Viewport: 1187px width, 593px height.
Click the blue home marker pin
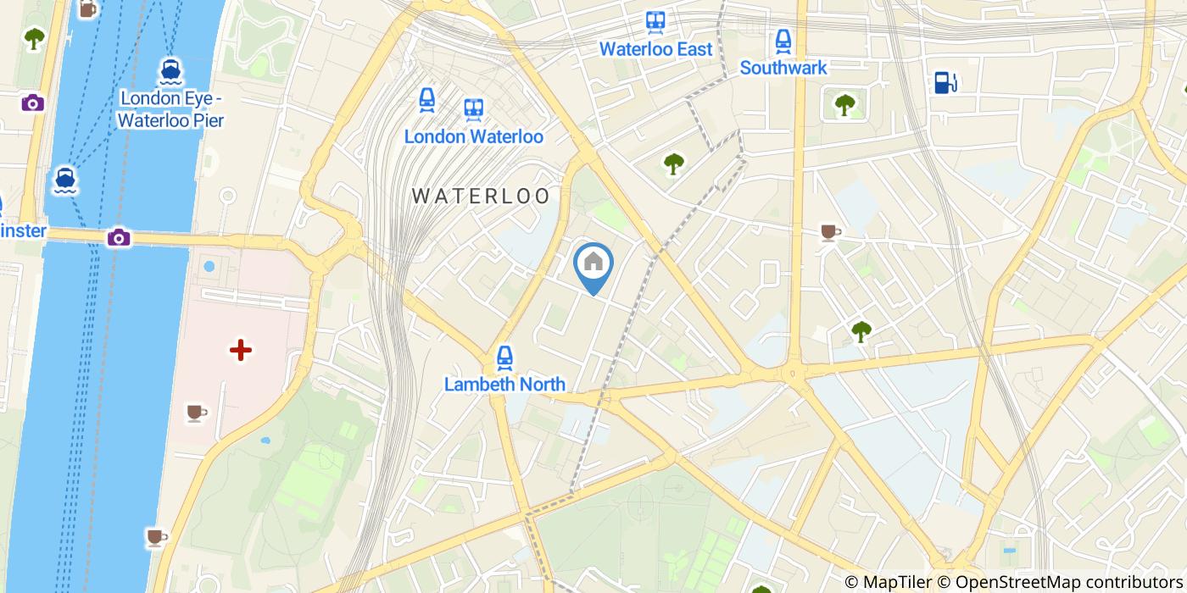pyautogui.click(x=593, y=264)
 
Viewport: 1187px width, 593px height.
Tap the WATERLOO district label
pyautogui.click(x=481, y=196)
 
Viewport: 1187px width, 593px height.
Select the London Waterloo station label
pyautogui.click(x=473, y=136)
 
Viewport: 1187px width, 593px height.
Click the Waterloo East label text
pyautogui.click(x=655, y=49)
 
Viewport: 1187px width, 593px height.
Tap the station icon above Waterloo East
pyautogui.click(x=655, y=21)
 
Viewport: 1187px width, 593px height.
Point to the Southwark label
pyautogui.click(x=783, y=68)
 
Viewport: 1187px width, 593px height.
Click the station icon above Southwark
pyautogui.click(x=783, y=40)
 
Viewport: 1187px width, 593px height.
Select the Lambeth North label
pyautogui.click(x=504, y=384)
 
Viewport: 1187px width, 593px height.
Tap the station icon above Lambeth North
pyautogui.click(x=504, y=357)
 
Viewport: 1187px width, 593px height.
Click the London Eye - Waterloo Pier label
pyautogui.click(x=170, y=109)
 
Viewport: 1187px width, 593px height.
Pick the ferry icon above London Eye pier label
pyautogui.click(x=170, y=71)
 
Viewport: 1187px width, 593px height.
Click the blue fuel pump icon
pyautogui.click(x=945, y=82)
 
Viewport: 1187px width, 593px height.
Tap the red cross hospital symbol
pyautogui.click(x=241, y=350)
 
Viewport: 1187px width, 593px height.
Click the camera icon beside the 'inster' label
pyautogui.click(x=119, y=237)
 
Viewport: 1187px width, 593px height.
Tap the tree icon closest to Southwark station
pyautogui.click(x=844, y=104)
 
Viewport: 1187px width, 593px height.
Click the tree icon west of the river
pyautogui.click(x=34, y=38)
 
